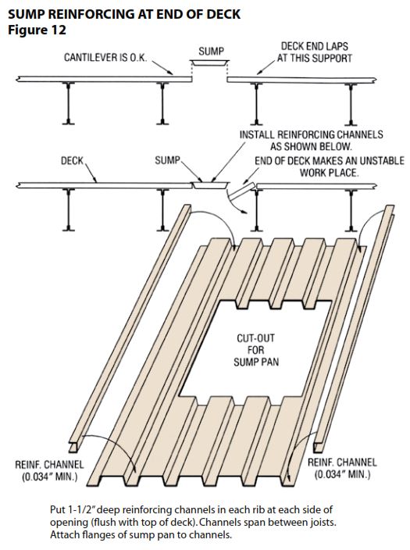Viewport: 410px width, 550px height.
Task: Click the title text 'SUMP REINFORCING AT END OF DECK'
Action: point(124,14)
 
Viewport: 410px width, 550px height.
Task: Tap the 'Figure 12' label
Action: point(37,30)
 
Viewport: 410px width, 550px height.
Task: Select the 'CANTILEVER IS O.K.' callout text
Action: point(105,58)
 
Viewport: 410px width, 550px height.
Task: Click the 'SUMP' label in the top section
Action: point(211,52)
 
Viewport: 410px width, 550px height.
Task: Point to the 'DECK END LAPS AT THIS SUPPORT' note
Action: point(315,52)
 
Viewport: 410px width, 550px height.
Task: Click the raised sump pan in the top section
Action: point(209,62)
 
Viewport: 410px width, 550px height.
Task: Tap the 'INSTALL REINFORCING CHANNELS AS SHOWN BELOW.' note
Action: point(311,141)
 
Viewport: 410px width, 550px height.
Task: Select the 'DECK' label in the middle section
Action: point(73,161)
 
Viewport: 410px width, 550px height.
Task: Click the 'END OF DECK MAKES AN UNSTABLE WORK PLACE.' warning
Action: point(330,166)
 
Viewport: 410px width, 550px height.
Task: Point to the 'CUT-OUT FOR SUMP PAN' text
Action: point(256,350)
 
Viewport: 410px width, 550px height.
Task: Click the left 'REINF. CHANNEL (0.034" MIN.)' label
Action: point(49,471)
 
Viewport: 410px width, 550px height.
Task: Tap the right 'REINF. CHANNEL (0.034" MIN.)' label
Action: point(342,468)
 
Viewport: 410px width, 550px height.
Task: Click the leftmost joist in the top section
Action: point(69,103)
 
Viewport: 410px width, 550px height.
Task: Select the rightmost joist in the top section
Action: point(351,104)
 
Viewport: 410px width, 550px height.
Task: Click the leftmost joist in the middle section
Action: point(69,210)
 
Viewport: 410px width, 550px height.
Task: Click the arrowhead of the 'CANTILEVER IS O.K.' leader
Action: point(171,73)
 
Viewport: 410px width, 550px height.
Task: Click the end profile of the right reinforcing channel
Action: point(319,447)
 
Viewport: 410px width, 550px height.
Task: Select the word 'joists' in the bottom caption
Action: point(324,523)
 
